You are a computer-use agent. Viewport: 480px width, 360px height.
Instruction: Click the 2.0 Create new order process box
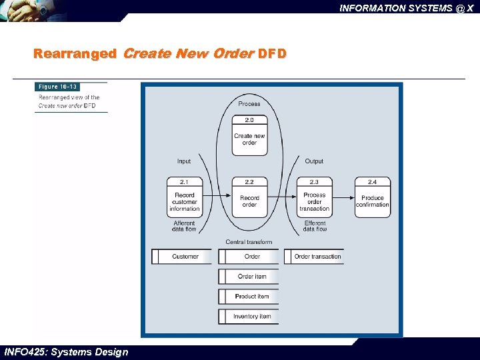pyautogui.click(x=249, y=135)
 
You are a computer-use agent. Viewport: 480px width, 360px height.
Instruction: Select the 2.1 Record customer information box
pyautogui.click(x=184, y=197)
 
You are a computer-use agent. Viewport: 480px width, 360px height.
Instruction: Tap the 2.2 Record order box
pyautogui.click(x=249, y=197)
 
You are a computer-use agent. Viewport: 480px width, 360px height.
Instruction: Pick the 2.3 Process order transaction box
pyautogui.click(x=314, y=197)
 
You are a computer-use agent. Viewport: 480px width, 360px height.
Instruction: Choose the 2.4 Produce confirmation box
pyautogui.click(x=373, y=197)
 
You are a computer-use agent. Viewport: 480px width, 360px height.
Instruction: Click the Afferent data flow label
pyautogui.click(x=184, y=226)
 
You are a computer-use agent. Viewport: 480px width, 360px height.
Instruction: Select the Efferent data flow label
pyautogui.click(x=315, y=226)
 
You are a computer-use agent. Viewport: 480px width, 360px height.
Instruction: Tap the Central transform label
pyautogui.click(x=249, y=242)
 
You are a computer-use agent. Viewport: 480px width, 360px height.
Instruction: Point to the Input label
pyautogui.click(x=184, y=161)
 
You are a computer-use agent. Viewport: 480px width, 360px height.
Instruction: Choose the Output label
pyautogui.click(x=314, y=161)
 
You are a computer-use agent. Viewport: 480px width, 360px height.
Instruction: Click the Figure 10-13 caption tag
pyautogui.click(x=58, y=87)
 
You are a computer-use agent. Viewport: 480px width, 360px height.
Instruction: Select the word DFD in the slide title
pyautogui.click(x=272, y=53)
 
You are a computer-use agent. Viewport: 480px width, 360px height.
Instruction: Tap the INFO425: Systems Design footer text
pyautogui.click(x=66, y=352)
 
